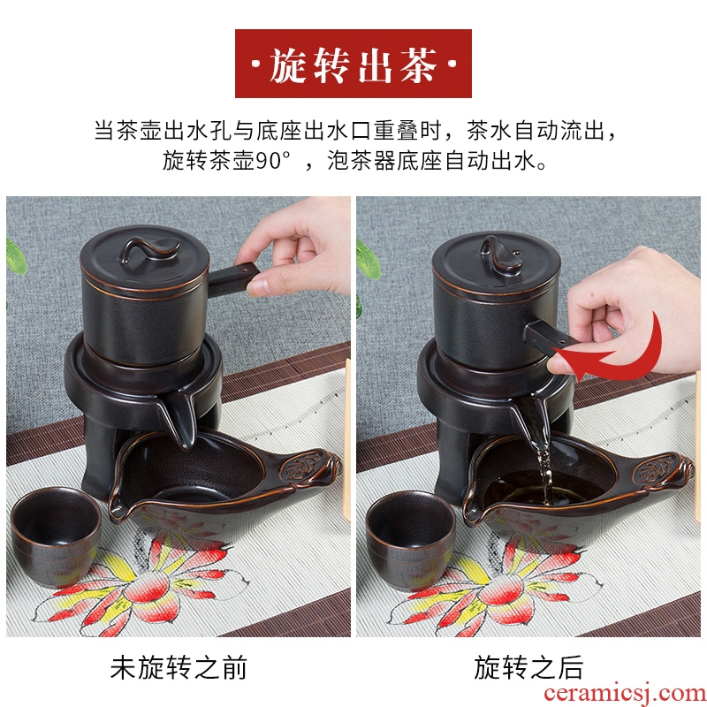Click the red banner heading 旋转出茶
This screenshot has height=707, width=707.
353,64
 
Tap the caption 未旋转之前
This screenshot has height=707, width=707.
179,667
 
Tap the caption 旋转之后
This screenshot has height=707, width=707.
528,667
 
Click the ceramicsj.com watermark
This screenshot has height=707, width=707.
625,694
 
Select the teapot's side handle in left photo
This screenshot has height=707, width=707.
233,278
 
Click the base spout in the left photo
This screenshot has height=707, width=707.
181,419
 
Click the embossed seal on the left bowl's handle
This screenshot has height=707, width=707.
299,468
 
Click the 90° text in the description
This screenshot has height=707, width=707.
273,161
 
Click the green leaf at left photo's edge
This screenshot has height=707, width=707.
16,257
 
